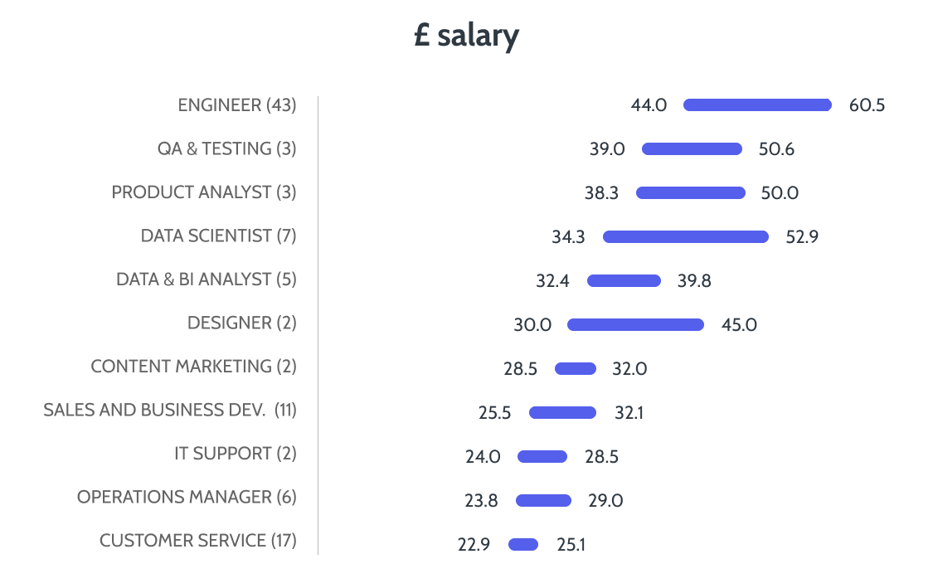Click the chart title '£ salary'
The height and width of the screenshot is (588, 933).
466,36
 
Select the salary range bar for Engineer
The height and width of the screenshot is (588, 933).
757,105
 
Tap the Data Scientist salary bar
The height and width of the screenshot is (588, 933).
686,236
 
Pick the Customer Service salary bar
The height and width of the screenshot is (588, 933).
523,545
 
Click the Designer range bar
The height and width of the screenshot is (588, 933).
635,324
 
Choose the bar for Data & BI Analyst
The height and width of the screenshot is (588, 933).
624,280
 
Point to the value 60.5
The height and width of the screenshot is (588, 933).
867,105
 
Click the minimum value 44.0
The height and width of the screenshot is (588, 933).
649,105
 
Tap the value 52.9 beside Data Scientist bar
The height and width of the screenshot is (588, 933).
803,236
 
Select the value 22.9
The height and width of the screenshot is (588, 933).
474,545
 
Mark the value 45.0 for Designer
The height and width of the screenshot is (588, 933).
739,324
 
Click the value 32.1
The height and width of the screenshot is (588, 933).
629,412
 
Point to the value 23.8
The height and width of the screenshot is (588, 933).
482,501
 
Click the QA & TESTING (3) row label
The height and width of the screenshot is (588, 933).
226,148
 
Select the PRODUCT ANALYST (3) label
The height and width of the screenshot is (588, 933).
204,192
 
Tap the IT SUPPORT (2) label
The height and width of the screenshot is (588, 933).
235,454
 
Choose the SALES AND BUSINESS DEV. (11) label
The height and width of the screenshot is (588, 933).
170,410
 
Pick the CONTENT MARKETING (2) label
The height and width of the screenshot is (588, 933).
193,367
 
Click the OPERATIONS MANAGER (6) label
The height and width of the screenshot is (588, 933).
187,497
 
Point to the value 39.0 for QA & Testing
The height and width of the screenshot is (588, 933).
607,149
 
